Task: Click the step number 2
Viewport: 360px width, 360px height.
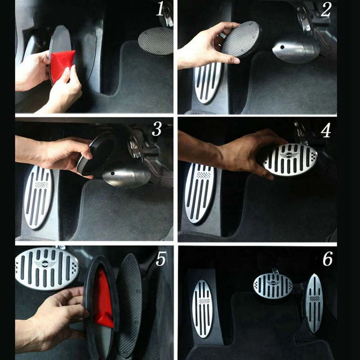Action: click(326, 9)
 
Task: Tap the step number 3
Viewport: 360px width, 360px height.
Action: click(157, 129)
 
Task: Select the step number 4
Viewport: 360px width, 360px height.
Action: click(326, 130)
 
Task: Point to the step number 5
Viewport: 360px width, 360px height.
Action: click(161, 259)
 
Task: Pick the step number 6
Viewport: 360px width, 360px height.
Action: click(328, 259)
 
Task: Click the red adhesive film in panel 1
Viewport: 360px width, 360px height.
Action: click(62, 64)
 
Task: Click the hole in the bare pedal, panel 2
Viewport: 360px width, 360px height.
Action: click(282, 47)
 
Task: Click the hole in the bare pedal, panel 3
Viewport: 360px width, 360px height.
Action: click(112, 173)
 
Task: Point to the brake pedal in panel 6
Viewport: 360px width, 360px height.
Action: click(273, 285)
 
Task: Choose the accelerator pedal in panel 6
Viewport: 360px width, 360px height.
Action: click(314, 303)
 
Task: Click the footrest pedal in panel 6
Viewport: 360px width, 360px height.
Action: click(202, 308)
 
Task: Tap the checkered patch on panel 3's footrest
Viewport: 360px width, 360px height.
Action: click(41, 184)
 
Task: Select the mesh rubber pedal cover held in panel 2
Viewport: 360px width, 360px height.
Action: click(240, 40)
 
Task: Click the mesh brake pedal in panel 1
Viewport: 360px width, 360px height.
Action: click(156, 41)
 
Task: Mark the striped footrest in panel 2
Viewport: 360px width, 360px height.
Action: click(208, 83)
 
